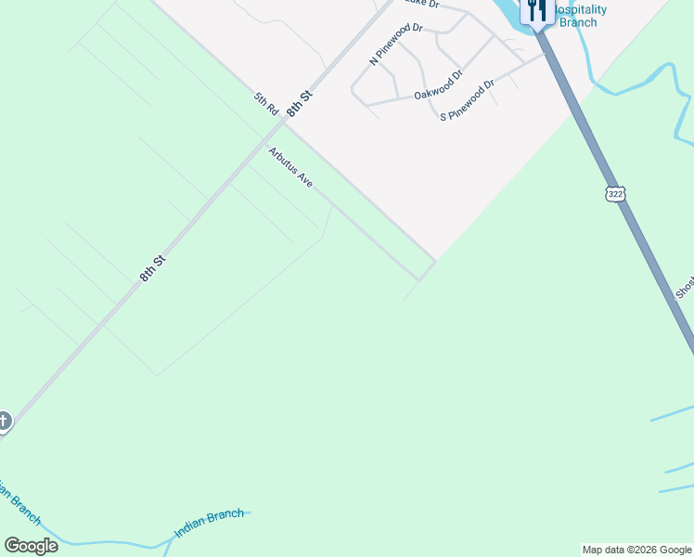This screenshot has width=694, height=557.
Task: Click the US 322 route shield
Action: click(615, 193)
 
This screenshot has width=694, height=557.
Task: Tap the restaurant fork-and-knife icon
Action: click(535, 10)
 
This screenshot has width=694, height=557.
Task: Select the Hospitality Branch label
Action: click(580, 16)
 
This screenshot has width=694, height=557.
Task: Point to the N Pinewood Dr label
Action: click(396, 45)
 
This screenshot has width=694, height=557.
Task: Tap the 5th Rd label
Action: click(266, 103)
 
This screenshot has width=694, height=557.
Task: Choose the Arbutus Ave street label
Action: click(290, 167)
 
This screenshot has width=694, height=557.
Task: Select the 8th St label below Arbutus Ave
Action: click(152, 267)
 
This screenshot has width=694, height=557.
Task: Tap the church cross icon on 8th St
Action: click(3, 421)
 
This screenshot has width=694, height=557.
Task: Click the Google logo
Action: click(31, 546)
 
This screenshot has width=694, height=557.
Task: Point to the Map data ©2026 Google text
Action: click(636, 550)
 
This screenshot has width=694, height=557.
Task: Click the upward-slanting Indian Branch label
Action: click(209, 524)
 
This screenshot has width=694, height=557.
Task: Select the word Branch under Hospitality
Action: click(580, 22)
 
